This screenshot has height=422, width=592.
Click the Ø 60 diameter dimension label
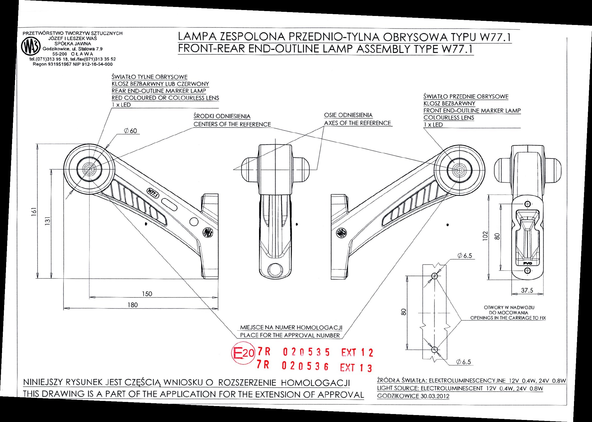[x=131, y=131]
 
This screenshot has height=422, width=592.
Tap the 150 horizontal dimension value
[x=147, y=294]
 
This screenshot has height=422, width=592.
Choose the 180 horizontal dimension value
[x=133, y=305]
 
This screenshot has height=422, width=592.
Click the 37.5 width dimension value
[x=527, y=291]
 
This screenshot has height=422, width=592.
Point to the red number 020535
[x=306, y=353]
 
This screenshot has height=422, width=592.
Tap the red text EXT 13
[x=356, y=367]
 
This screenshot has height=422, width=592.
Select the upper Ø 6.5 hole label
[x=465, y=256]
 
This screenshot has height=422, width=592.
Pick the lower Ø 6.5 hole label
[x=464, y=362]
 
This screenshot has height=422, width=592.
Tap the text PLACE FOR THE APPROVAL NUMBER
[x=290, y=335]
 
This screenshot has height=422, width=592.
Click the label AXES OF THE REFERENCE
[x=357, y=123]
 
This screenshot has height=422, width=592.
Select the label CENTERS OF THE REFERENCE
[x=232, y=124]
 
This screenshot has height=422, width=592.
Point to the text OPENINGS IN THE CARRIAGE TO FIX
[x=508, y=318]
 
